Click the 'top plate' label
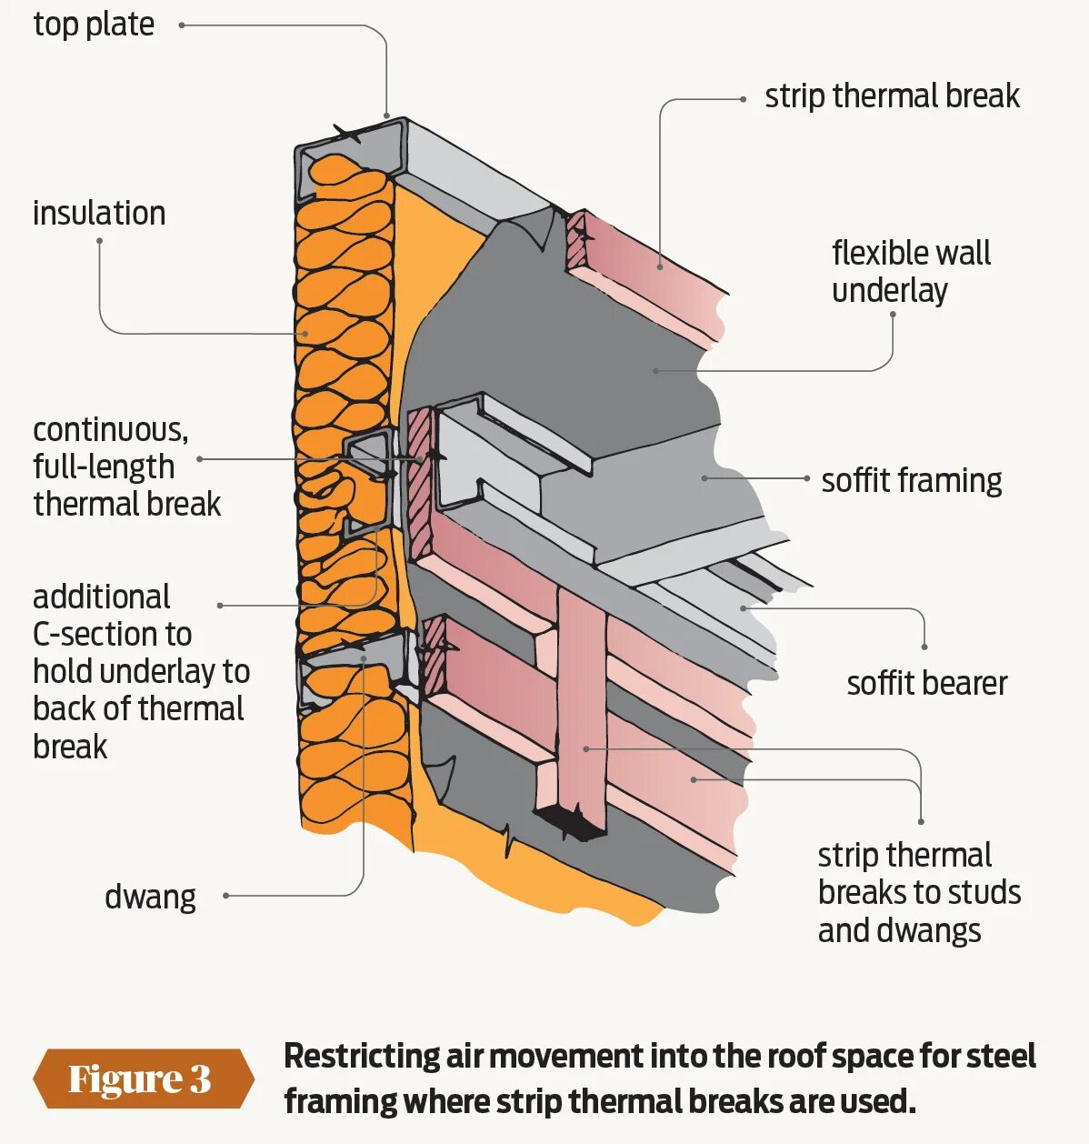(x=94, y=25)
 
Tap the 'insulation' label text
(x=99, y=213)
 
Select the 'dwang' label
(x=150, y=897)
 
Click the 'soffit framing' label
(x=911, y=480)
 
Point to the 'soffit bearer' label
(x=926, y=683)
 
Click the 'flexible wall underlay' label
(x=910, y=271)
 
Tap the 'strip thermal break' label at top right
(x=892, y=95)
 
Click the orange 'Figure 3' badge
(x=141, y=1079)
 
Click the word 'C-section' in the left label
(x=112, y=634)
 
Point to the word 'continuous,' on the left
(x=110, y=429)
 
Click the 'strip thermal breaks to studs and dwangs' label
(x=918, y=892)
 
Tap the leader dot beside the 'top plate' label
(x=182, y=25)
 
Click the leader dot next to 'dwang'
(x=225, y=896)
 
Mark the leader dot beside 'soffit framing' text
(x=806, y=478)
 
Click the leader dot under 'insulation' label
(x=99, y=241)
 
